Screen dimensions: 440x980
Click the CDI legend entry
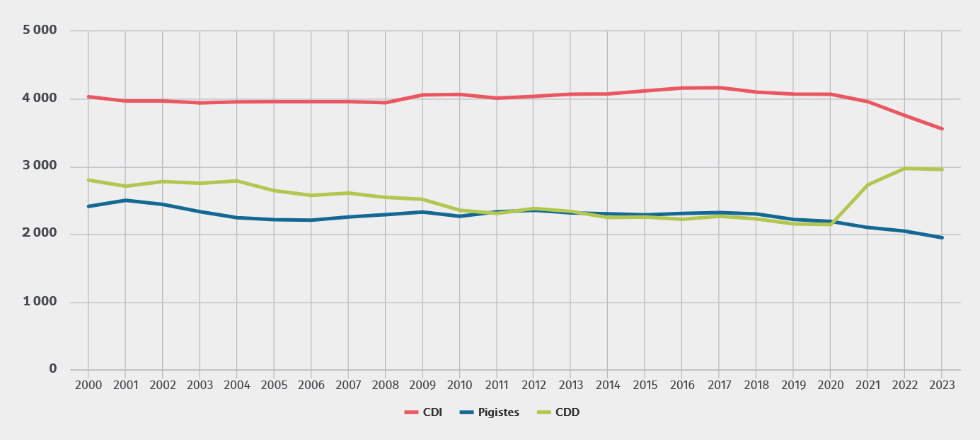423,412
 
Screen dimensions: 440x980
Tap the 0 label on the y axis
52,369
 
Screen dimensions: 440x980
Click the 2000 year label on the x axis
88,385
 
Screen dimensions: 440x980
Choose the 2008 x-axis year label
385,385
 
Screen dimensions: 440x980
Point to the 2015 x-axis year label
645,385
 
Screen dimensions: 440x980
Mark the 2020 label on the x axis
830,385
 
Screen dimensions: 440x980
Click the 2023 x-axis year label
941,385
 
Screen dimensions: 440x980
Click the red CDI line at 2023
941,129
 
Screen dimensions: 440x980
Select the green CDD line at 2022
904,169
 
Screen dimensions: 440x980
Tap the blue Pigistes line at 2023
941,237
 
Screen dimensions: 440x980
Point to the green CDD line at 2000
88,180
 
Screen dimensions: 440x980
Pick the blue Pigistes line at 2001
125,201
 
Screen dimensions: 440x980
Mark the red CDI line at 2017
719,88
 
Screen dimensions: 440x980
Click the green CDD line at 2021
867,185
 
